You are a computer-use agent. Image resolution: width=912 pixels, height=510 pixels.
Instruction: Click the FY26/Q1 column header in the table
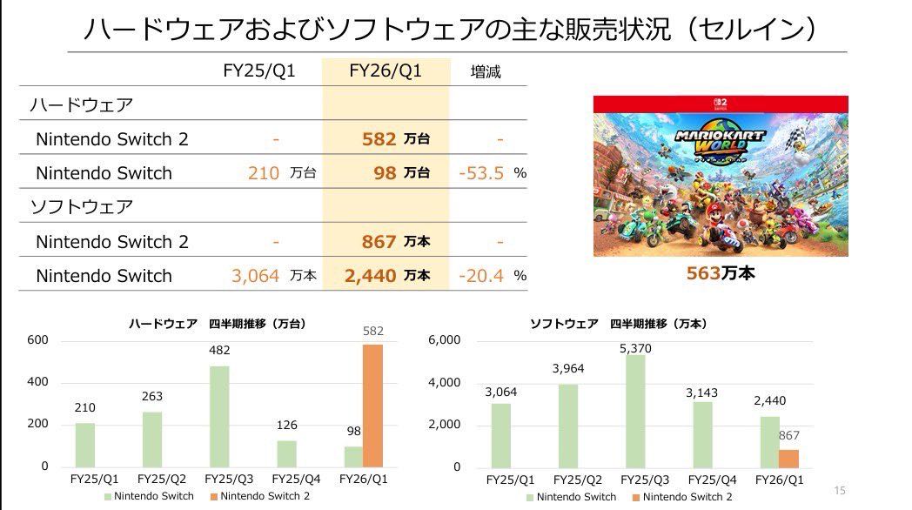(385, 71)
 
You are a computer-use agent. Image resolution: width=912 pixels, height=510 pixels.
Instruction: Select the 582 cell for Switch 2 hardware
(379, 139)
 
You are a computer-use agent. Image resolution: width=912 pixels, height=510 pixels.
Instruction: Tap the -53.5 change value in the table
(481, 173)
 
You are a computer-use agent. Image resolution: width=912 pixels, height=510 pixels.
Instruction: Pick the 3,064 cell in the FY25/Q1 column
(255, 276)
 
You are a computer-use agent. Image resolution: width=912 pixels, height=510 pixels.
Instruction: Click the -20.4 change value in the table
(481, 276)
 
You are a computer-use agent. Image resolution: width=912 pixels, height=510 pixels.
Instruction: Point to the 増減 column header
(486, 71)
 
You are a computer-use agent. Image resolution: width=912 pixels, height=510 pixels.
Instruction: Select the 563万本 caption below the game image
(720, 273)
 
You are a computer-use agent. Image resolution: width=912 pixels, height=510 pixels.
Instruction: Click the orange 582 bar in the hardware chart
(372, 406)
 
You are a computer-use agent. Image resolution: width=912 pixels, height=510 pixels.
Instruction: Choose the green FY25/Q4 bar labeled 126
(286, 453)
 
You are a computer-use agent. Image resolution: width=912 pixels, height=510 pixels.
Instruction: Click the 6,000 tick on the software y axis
(443, 339)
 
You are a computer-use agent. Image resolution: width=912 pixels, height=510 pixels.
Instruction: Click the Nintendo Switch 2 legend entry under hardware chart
(258, 496)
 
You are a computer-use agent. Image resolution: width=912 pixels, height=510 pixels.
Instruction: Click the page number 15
(840, 490)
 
